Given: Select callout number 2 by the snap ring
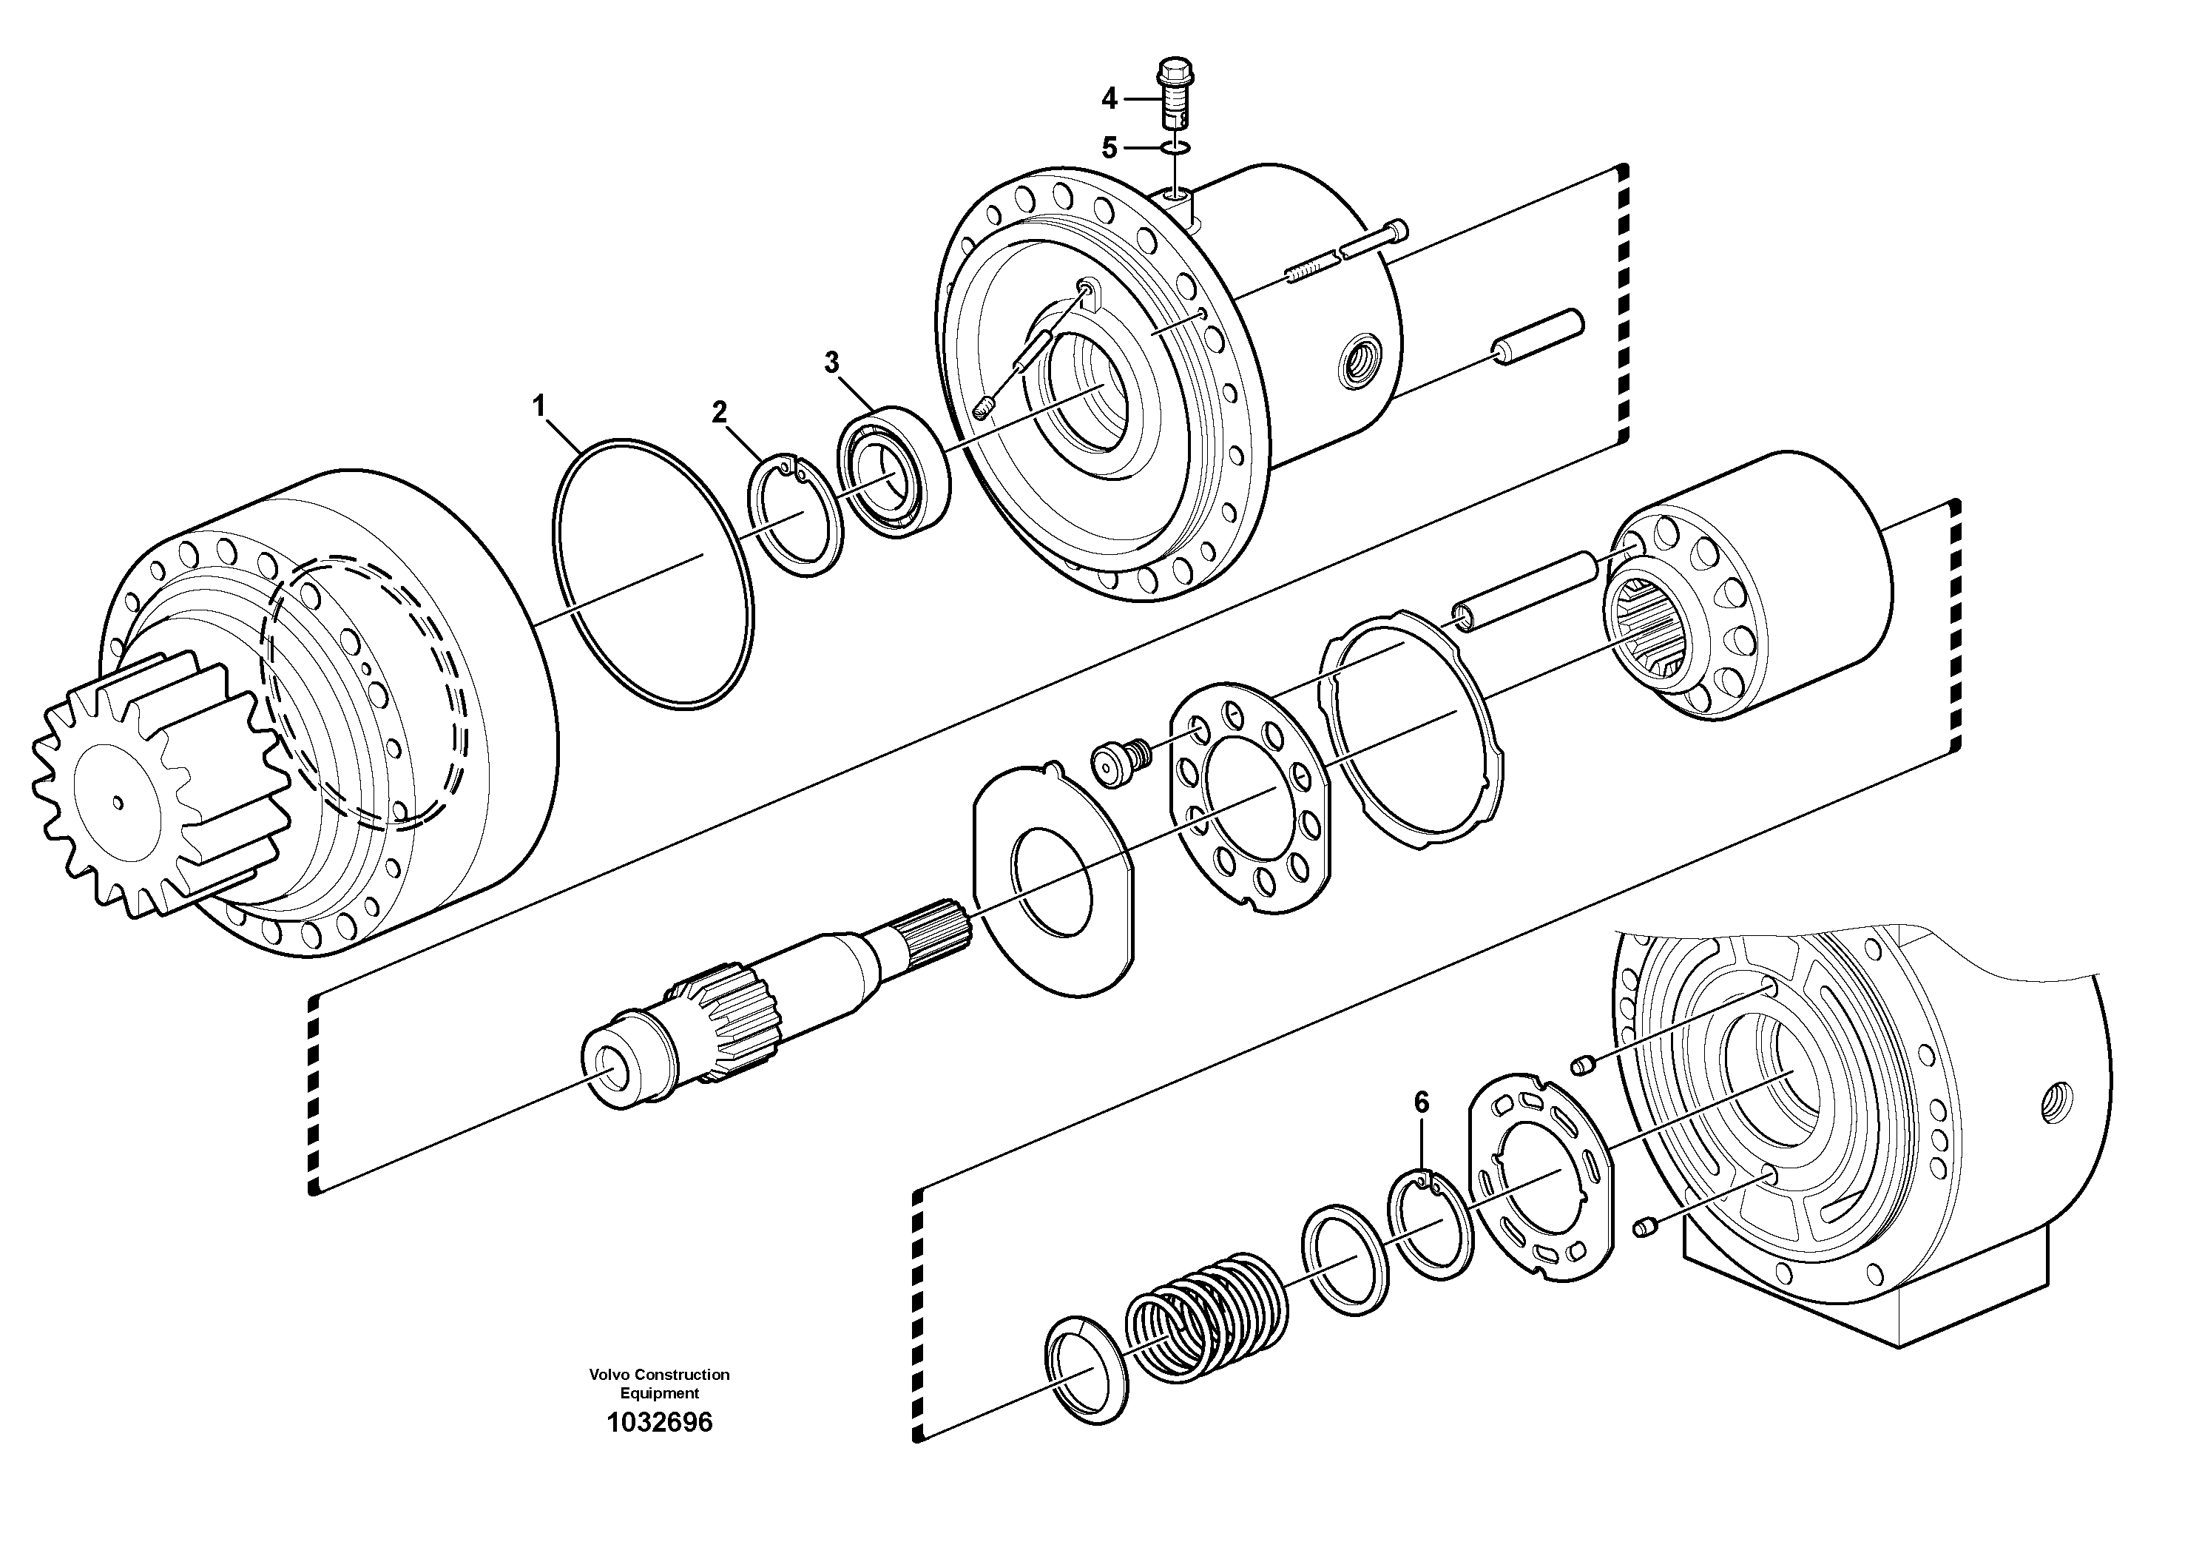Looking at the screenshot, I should [718, 413].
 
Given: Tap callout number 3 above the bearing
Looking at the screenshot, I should [831, 363].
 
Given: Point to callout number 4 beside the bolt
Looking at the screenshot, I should [1109, 98].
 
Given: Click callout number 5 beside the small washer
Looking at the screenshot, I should [1109, 148].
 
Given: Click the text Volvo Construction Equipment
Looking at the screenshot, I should [659, 1384].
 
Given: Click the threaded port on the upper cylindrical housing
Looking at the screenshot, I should [1361, 361].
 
